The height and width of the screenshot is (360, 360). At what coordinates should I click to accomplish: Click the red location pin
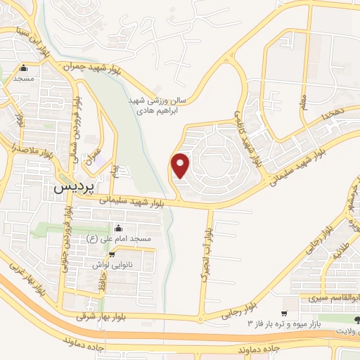click(x=181, y=165)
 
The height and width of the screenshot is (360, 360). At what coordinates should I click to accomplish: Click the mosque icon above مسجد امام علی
click(x=117, y=228)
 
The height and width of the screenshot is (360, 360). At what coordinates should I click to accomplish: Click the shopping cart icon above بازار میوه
click(x=284, y=313)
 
